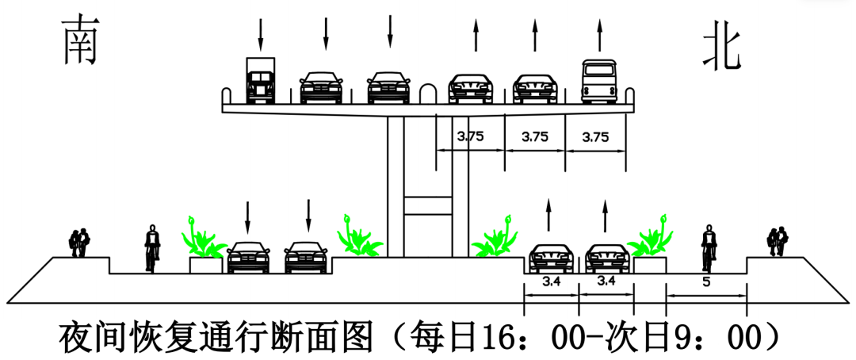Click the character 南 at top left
[80, 40]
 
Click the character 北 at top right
[721, 50]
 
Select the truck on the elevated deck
[261, 80]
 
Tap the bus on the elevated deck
[599, 81]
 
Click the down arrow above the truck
[261, 34]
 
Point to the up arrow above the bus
[599, 35]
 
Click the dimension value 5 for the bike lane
[706, 283]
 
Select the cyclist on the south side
[151, 248]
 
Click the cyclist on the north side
[709, 248]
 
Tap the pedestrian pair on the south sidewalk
[79, 243]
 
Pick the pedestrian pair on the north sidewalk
[778, 242]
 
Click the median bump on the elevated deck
[428, 93]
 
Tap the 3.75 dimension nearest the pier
[470, 136]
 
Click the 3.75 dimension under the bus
[595, 137]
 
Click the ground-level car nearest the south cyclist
[248, 257]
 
